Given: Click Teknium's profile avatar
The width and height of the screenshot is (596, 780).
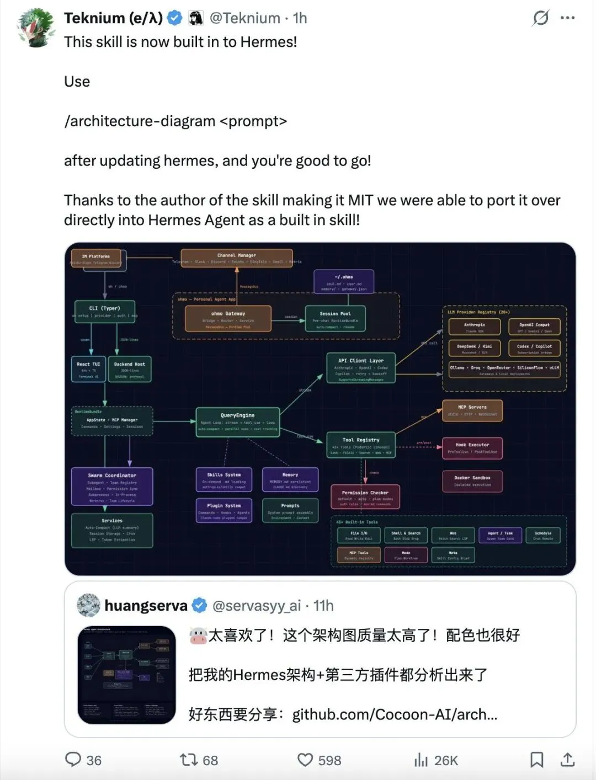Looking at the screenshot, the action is pos(37,28).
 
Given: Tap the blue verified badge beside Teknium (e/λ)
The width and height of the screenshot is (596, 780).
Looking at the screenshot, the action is pos(174,18).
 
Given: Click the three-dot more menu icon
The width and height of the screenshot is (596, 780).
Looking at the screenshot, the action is pos(567,18).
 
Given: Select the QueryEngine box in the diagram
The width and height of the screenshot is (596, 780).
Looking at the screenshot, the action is pos(238,421).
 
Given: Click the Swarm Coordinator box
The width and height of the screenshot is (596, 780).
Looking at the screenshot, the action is pos(112,487).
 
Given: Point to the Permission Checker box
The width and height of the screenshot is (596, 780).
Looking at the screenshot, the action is pos(365,496).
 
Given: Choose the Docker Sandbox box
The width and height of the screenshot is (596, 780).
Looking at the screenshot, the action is pos(472,481).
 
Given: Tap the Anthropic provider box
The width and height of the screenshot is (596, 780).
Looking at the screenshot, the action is pos(475,327).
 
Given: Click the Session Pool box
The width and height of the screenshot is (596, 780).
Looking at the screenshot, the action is pos(335,319).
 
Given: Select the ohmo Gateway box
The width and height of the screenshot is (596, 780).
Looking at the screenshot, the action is pos(228,319).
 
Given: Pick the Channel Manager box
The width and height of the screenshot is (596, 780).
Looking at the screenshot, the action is pos(237,257).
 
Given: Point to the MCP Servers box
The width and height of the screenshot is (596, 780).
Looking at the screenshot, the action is pos(472,410).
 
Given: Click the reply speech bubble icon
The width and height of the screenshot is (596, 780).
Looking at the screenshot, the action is pos(73,760).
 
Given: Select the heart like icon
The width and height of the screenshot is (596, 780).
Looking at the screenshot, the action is pos(305,760).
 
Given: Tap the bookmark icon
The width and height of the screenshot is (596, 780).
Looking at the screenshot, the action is pos(536,760).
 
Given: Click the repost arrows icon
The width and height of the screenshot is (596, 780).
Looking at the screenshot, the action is pos(189,760).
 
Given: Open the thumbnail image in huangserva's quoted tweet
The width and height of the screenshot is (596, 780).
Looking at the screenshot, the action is pos(127,675).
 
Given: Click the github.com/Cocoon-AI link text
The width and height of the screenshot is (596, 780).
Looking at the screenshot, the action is pos(395,714).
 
